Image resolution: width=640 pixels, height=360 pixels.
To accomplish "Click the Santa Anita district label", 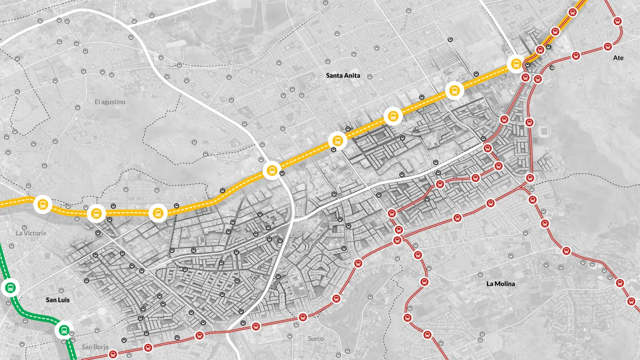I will [x=343, y=75].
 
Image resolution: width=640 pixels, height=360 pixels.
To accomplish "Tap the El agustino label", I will [x=110, y=102].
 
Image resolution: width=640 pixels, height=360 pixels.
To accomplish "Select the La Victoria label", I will [x=31, y=233].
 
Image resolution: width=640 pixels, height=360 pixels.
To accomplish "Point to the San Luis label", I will [x=58, y=300].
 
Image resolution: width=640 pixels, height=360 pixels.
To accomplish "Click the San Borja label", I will [x=95, y=347].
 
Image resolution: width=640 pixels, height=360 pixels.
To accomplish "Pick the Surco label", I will [x=316, y=339].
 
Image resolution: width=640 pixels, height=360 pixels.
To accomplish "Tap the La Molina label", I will [x=500, y=284].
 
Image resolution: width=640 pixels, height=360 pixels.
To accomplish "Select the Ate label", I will [x=618, y=58].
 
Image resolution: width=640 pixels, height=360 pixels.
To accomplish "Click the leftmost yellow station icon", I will [x=43, y=204].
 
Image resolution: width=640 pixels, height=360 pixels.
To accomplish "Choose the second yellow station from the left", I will [x=96, y=213].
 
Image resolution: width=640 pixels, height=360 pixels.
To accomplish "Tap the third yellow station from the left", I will [x=158, y=213].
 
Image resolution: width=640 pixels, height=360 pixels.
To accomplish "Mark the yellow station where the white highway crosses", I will [x=272, y=171].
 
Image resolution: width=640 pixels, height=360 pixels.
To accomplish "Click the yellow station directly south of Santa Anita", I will [x=337, y=140].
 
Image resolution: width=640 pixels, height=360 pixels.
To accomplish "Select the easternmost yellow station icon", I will [x=516, y=64].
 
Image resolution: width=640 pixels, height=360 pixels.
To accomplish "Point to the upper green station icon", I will [x=11, y=288].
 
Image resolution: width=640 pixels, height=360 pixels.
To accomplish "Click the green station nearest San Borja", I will [x=64, y=330].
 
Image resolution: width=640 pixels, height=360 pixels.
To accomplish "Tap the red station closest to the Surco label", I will [x=303, y=317].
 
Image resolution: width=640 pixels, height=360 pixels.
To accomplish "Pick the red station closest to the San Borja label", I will [x=113, y=354].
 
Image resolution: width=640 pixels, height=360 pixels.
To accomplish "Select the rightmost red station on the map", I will [x=631, y=301].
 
